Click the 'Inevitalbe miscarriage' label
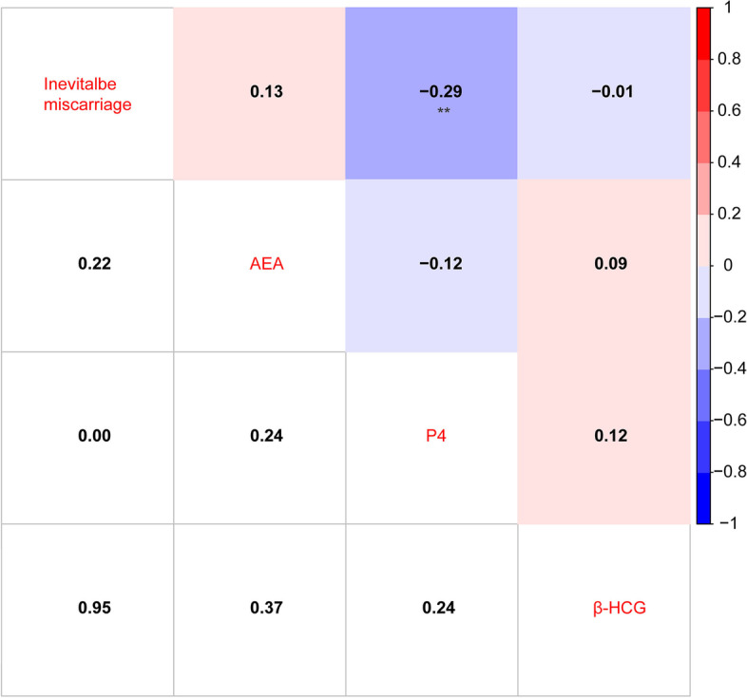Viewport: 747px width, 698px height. (87, 92)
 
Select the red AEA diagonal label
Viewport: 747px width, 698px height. (259, 264)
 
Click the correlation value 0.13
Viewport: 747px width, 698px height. (259, 92)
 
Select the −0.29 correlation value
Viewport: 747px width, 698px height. (431, 92)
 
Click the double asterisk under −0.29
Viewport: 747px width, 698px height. (431, 110)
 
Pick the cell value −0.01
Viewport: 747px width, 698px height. (603, 92)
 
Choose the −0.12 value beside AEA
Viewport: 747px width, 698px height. (431, 264)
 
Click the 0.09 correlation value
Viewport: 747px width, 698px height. (603, 264)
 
